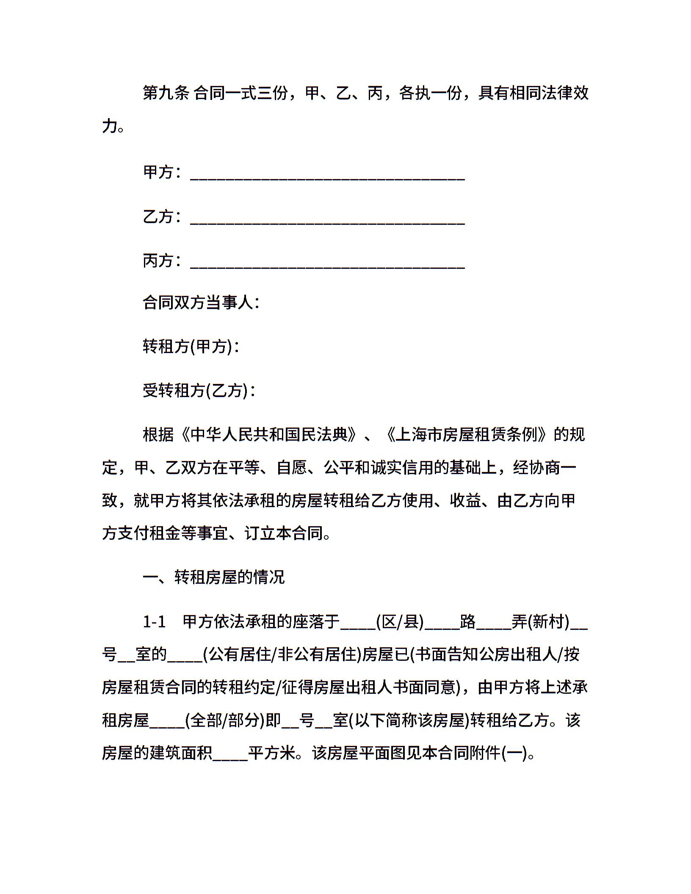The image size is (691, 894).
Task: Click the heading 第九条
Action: [x=166, y=93]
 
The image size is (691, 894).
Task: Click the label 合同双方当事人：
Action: [x=201, y=303]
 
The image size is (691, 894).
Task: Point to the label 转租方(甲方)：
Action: [x=192, y=347]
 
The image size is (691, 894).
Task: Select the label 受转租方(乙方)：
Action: [x=199, y=390]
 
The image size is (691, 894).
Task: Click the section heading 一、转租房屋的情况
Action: [x=213, y=577]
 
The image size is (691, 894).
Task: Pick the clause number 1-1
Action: [x=154, y=621]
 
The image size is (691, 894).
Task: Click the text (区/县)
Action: [x=400, y=621]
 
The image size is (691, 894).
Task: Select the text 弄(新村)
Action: [x=540, y=621]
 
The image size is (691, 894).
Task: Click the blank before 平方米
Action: [x=230, y=756]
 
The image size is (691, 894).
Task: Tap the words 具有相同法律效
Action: [x=533, y=93]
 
